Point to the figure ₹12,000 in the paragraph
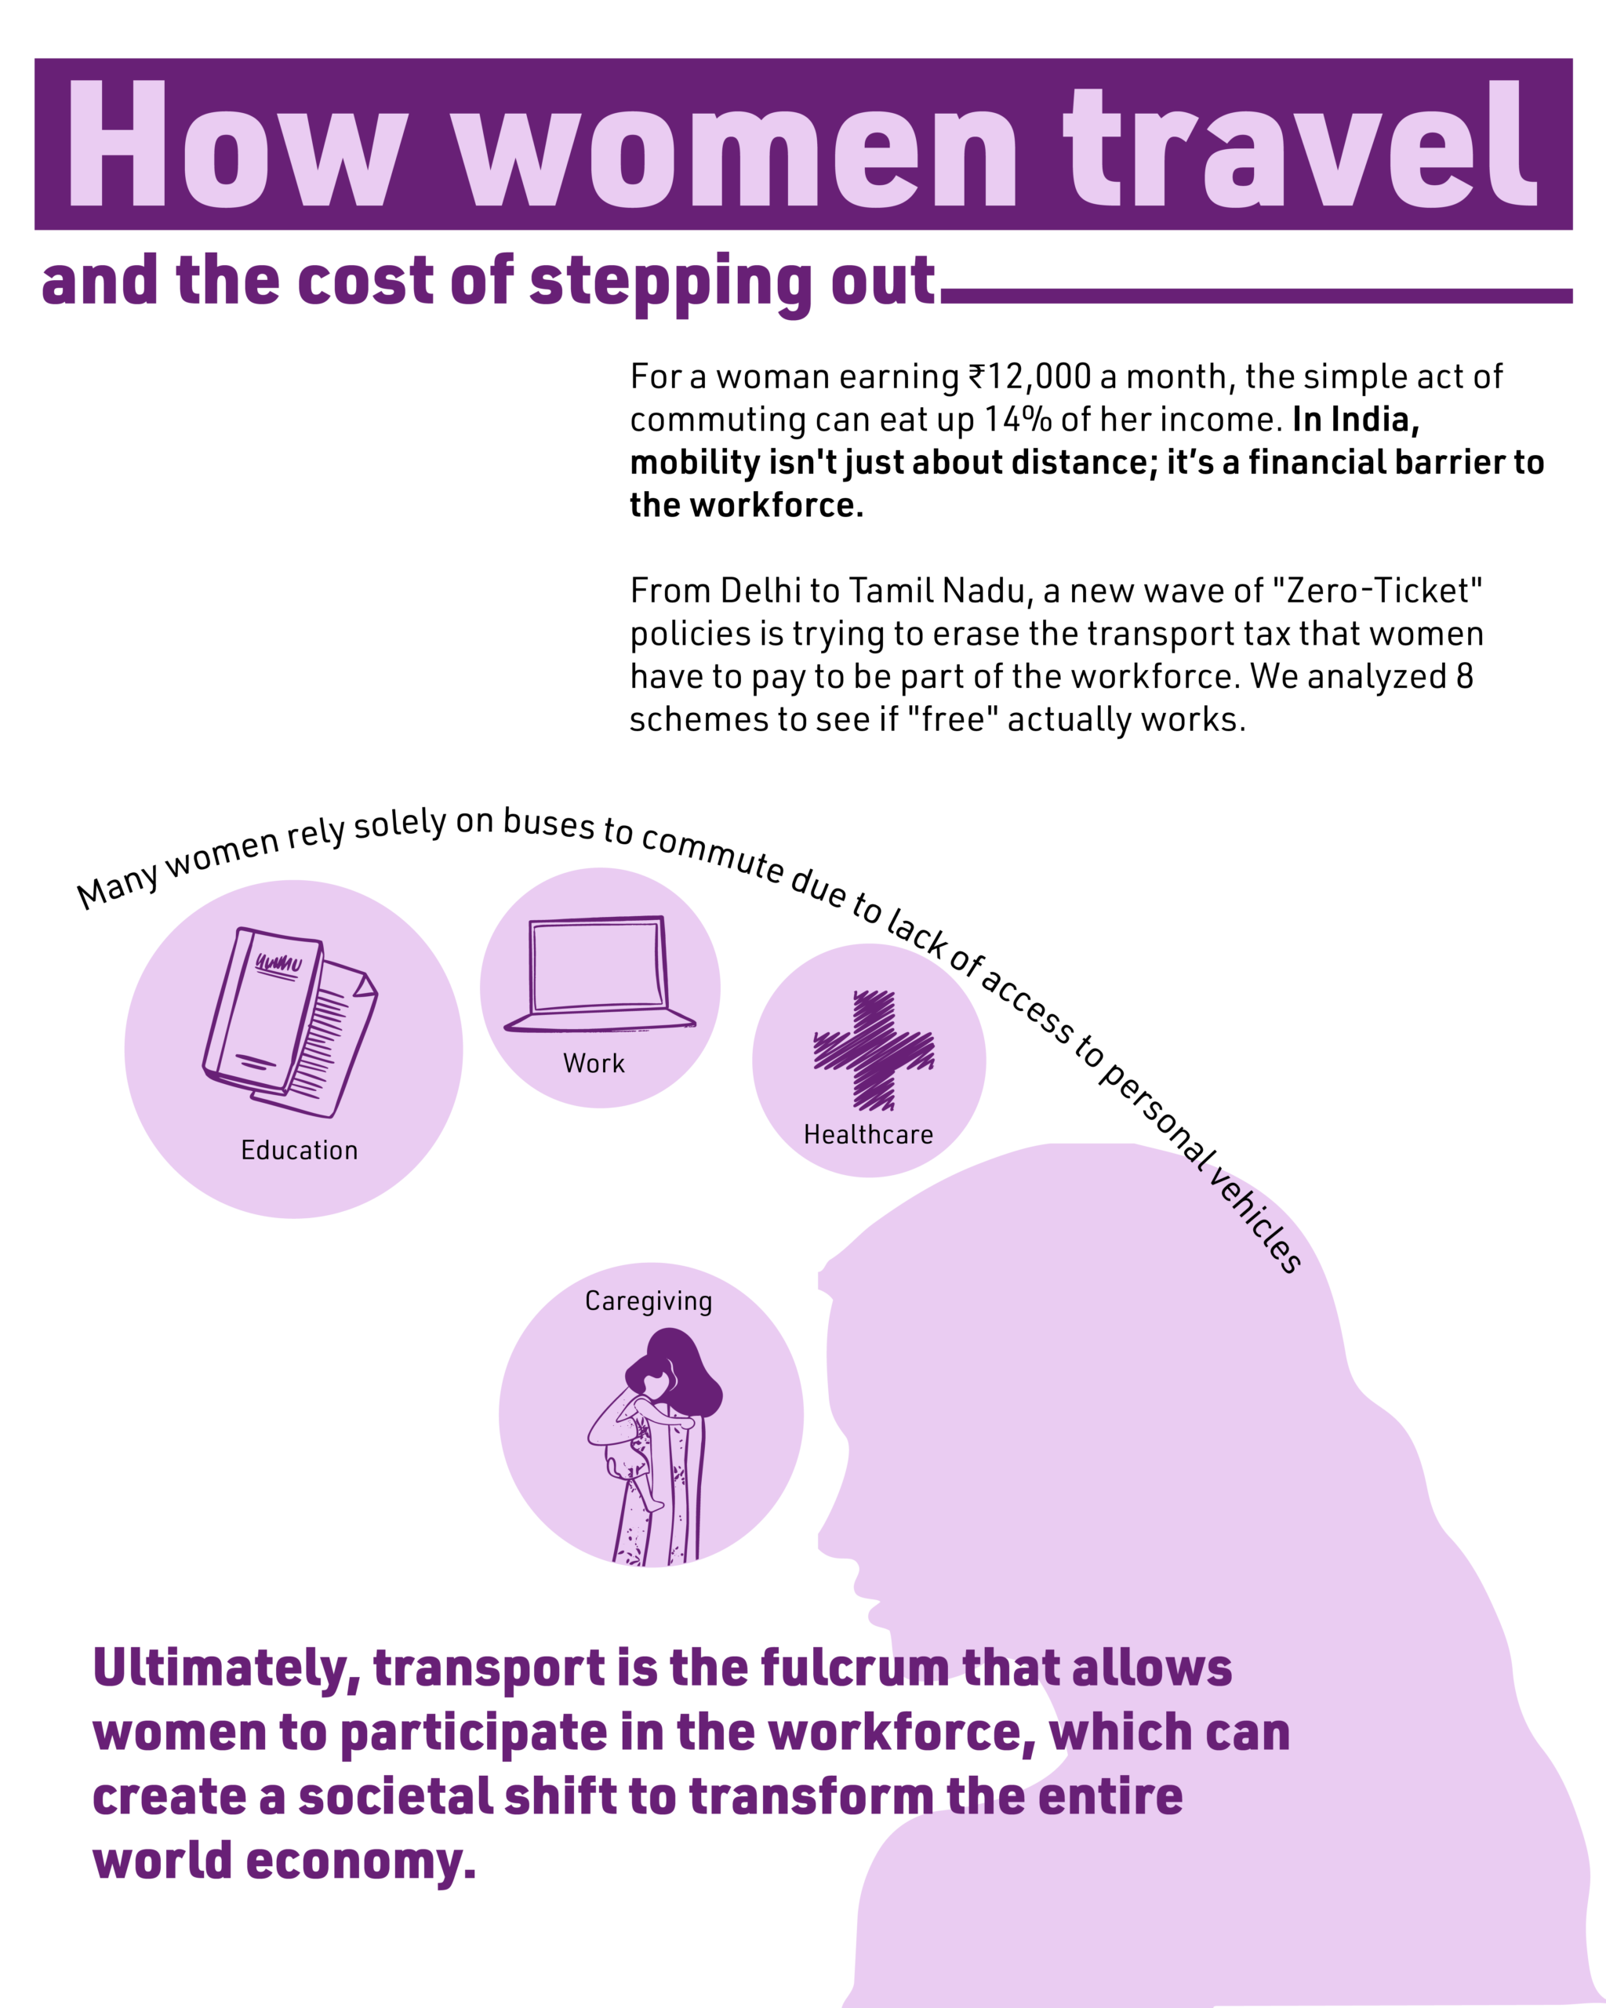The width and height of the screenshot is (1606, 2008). [x=1030, y=376]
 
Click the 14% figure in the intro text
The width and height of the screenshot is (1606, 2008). [x=1018, y=419]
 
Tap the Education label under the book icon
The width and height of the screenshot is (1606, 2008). [x=299, y=1150]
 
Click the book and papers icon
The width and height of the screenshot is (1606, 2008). [x=289, y=1022]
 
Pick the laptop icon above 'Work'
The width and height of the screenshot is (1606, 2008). [x=598, y=973]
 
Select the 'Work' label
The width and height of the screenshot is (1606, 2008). [x=594, y=1064]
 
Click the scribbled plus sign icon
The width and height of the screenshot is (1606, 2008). [x=874, y=1050]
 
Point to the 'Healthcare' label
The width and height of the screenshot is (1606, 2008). [x=868, y=1134]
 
